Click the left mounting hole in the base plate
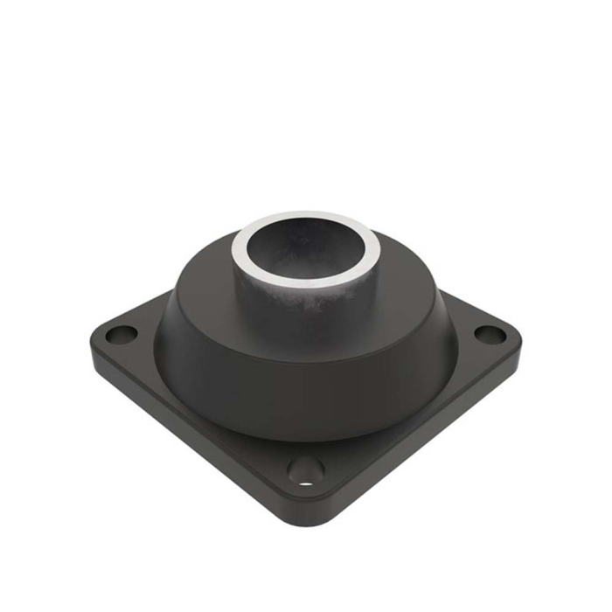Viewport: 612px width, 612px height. click(x=121, y=334)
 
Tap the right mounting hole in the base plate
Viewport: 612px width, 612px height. click(x=490, y=334)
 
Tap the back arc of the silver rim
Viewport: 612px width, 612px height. click(x=306, y=217)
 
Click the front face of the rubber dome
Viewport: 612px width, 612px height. click(x=306, y=393)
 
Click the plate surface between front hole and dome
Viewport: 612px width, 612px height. click(x=306, y=450)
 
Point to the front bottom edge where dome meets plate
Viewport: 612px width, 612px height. click(x=306, y=439)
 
